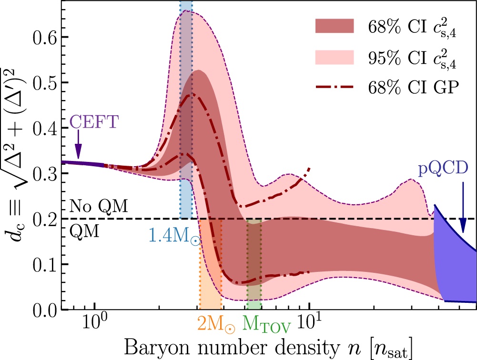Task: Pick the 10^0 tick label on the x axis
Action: pos(94,327)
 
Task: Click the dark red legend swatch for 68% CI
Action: pos(335,26)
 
